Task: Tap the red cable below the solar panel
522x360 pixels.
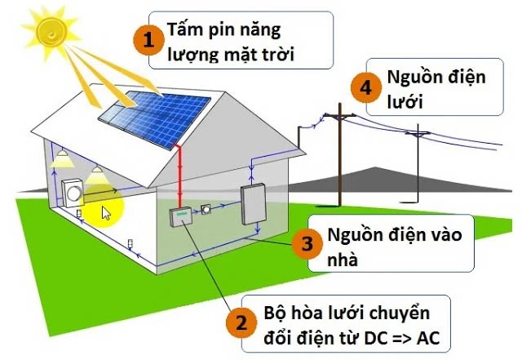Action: click(x=178, y=176)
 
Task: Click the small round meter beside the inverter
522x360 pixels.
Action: click(x=206, y=209)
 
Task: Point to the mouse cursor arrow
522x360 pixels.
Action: click(x=106, y=213)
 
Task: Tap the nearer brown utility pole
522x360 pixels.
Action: click(x=339, y=163)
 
